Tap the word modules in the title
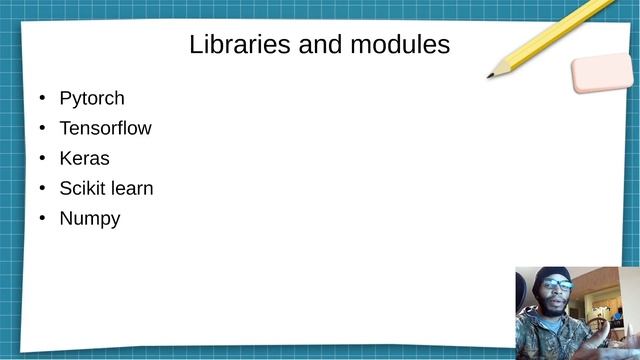coord(399,45)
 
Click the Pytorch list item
coord(92,99)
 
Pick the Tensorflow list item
coord(105,129)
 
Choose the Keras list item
coord(84,159)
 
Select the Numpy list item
coord(90,219)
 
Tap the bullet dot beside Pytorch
coord(42,99)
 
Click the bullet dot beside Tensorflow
coord(42,129)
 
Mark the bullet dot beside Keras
coord(42,159)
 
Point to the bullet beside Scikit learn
coord(42,189)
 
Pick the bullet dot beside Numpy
coord(42,219)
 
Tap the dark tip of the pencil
coord(491,75)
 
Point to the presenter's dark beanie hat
coord(554,273)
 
